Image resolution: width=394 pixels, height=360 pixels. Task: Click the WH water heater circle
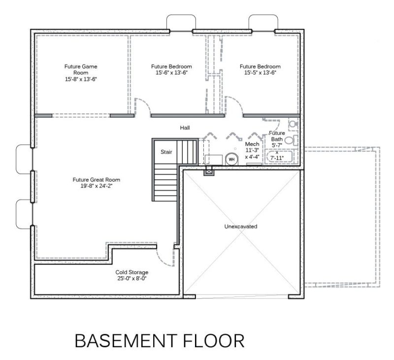click(231, 159)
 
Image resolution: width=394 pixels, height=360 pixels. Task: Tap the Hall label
click(185, 128)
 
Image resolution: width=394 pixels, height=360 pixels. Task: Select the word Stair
click(166, 152)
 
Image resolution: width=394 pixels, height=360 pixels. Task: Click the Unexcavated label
click(241, 227)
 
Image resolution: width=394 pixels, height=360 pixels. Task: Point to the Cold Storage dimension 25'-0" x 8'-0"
click(131, 278)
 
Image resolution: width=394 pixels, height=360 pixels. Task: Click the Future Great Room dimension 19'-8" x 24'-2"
click(96, 186)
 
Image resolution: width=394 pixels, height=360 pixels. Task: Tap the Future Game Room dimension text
click(81, 79)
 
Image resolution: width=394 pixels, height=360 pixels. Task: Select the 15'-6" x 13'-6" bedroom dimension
click(171, 72)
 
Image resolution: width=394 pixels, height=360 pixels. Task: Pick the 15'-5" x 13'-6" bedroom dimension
click(260, 72)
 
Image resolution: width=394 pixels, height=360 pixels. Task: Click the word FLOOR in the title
click(214, 341)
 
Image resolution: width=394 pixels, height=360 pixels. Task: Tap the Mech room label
click(252, 144)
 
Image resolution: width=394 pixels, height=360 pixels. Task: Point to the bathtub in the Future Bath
click(279, 157)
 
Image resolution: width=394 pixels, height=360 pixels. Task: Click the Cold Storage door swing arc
click(162, 260)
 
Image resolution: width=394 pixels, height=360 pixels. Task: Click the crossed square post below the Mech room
click(209, 171)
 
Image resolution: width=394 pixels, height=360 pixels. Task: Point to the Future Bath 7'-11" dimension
click(277, 158)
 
